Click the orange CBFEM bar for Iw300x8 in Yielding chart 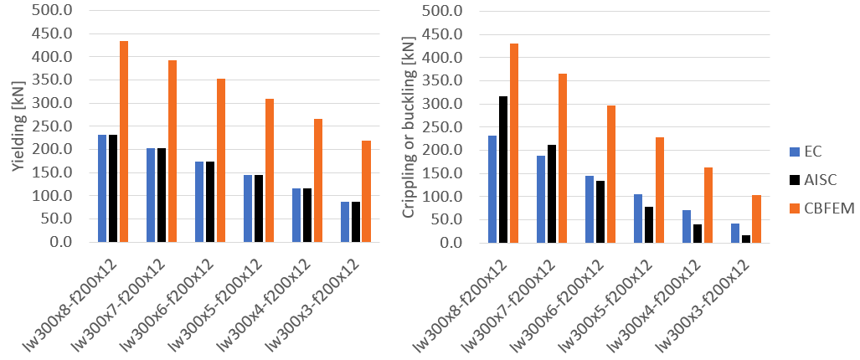pyautogui.click(x=124, y=141)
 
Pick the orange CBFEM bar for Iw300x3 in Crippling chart pyautogui.click(x=756, y=219)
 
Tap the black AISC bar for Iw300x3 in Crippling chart pyautogui.click(x=745, y=239)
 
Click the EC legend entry pyautogui.click(x=809, y=152)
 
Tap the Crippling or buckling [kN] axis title pyautogui.click(x=409, y=126)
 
